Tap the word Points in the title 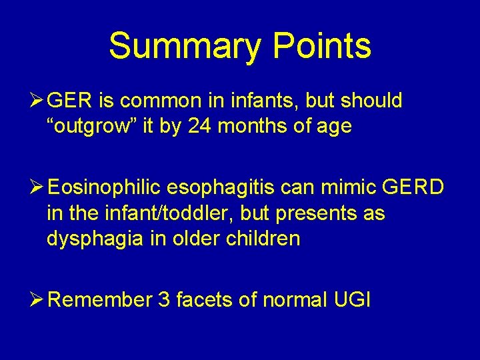tap(322, 47)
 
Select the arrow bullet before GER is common tap(39, 101)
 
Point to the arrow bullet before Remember tap(39, 300)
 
